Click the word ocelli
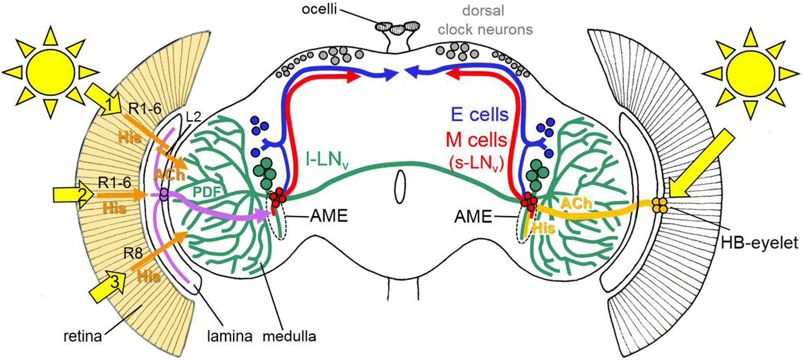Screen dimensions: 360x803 [x=319, y=9]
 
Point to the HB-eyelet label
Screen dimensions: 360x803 [x=759, y=243]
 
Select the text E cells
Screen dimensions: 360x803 [x=479, y=115]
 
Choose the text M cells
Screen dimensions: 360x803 [x=476, y=140]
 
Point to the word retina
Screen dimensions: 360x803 [x=82, y=336]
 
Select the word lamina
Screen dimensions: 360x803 [x=230, y=336]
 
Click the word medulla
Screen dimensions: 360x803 [x=289, y=336]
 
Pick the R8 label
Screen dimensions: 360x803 [x=133, y=253]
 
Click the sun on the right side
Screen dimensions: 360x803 [x=750, y=73]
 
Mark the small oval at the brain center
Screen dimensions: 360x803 [x=400, y=187]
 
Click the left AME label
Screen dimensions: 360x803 [x=329, y=216]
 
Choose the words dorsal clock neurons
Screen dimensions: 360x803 [x=484, y=20]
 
